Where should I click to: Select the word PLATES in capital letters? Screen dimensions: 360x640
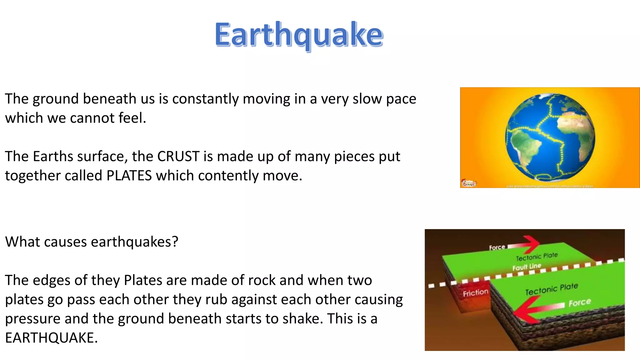pos(129,176)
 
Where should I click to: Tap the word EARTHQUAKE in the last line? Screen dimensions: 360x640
pos(51,338)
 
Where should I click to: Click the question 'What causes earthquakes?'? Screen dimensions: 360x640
pos(92,242)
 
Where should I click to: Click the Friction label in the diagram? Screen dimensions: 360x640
pos(475,293)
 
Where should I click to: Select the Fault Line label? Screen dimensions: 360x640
pos(527,267)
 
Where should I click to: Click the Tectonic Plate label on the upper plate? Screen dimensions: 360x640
pos(537,257)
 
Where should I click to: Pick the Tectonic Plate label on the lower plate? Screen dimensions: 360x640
pos(551,289)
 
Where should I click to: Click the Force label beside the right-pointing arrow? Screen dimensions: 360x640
pos(497,247)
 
